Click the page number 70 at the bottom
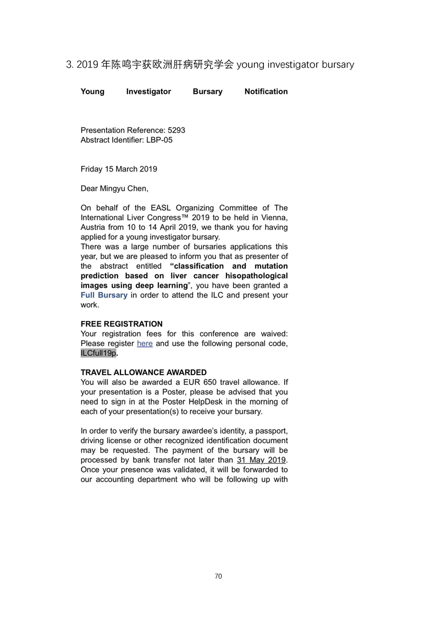218,576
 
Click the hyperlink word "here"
145,344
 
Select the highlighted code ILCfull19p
98,353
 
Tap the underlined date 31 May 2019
261,460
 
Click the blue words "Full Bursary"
104,295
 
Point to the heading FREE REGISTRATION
122,324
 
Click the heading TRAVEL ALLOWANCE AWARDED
144,372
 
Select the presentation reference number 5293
176,130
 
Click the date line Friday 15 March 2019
119,169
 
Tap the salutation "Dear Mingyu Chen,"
114,189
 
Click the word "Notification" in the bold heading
266,92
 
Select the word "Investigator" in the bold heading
148,92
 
